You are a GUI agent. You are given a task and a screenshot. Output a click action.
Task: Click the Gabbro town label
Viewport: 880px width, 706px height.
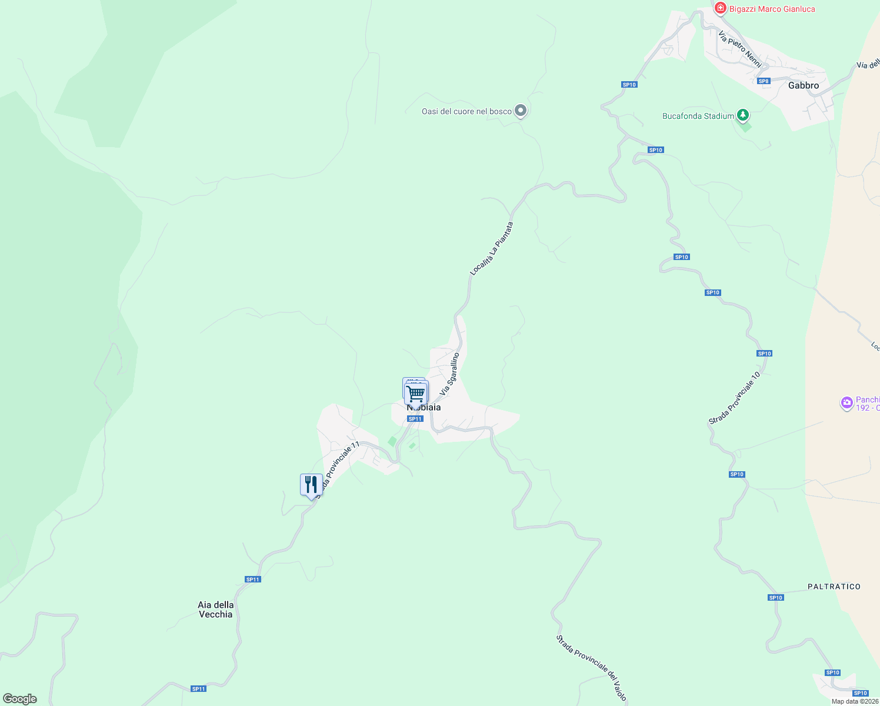pyautogui.click(x=803, y=85)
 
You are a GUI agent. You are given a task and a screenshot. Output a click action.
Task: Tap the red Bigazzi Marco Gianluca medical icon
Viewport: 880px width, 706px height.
pyautogui.click(x=720, y=9)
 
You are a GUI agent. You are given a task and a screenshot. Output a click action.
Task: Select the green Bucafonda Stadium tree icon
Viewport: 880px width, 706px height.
pyautogui.click(x=743, y=115)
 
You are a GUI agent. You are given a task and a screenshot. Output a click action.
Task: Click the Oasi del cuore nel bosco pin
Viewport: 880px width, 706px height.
pyautogui.click(x=520, y=111)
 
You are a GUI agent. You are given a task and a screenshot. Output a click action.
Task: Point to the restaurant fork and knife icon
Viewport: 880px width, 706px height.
pyautogui.click(x=311, y=485)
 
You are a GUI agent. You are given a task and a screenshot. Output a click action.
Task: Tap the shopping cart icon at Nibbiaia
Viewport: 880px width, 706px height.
pyautogui.click(x=416, y=393)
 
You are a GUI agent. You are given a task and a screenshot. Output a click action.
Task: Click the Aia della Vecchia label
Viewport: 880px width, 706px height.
pyautogui.click(x=216, y=610)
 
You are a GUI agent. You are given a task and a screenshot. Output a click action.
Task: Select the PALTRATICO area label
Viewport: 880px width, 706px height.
pyautogui.click(x=834, y=587)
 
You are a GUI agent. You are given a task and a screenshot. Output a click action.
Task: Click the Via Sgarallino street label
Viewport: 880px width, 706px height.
pyautogui.click(x=449, y=374)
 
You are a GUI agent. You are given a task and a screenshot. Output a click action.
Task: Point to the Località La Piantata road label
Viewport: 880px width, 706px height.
pyautogui.click(x=492, y=249)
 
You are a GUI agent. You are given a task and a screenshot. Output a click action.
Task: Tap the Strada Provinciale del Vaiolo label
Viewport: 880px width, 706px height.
pyautogui.click(x=592, y=667)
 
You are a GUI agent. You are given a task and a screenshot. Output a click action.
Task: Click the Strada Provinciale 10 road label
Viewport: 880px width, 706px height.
pyautogui.click(x=735, y=398)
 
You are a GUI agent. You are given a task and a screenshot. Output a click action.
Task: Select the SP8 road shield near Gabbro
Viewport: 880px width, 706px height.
pyautogui.click(x=764, y=81)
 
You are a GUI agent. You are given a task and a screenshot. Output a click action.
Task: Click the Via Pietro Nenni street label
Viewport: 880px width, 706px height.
pyautogui.click(x=740, y=49)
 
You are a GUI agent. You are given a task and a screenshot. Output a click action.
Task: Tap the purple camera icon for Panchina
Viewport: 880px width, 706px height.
pyautogui.click(x=846, y=403)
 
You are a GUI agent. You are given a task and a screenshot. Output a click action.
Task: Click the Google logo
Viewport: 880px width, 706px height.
pyautogui.click(x=19, y=699)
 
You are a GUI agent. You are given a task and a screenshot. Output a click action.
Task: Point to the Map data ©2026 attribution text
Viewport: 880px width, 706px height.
pyautogui.click(x=855, y=701)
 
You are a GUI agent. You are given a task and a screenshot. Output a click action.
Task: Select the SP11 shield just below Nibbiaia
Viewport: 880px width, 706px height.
pyautogui.click(x=415, y=419)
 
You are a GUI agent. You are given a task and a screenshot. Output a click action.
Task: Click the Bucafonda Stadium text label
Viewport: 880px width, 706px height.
pyautogui.click(x=698, y=116)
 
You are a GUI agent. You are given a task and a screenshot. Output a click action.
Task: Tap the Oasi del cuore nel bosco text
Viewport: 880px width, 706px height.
pyautogui.click(x=466, y=111)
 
